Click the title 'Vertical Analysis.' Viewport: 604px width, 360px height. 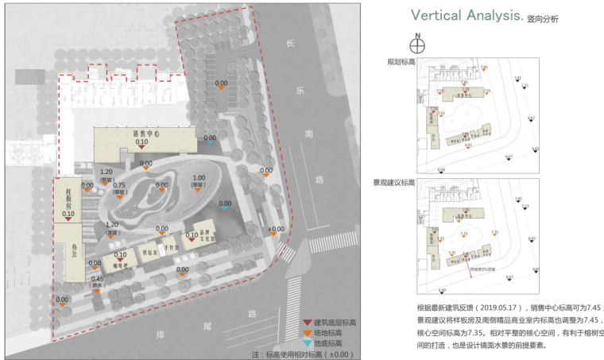(x=466, y=16)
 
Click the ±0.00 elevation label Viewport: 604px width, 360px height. (x=276, y=230)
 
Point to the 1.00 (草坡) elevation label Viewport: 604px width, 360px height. (x=199, y=181)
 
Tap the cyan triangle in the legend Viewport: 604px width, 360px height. (x=308, y=344)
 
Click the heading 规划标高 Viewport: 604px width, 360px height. (x=401, y=61)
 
